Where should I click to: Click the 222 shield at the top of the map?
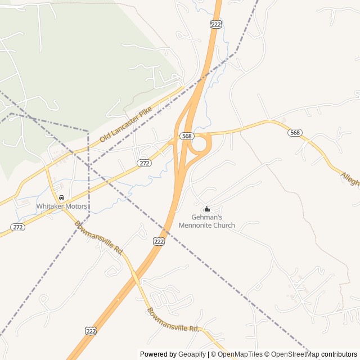tap(217, 24)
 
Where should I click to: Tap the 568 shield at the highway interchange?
tap(187, 136)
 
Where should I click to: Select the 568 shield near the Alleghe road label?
tap(295, 133)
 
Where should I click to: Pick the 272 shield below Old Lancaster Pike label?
tap(144, 163)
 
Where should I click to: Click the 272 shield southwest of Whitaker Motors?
tap(17, 227)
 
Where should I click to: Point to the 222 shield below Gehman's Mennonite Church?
tap(159, 241)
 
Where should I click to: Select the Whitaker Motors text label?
tap(62, 206)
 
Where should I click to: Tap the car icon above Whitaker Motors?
tap(61, 198)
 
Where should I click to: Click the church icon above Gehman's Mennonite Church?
tap(206, 209)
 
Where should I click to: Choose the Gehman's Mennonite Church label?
tap(206, 221)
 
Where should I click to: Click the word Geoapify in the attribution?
tap(192, 354)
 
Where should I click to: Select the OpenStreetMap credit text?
tap(292, 354)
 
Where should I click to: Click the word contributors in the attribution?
tap(339, 354)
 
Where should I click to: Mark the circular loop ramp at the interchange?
tap(200, 145)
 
